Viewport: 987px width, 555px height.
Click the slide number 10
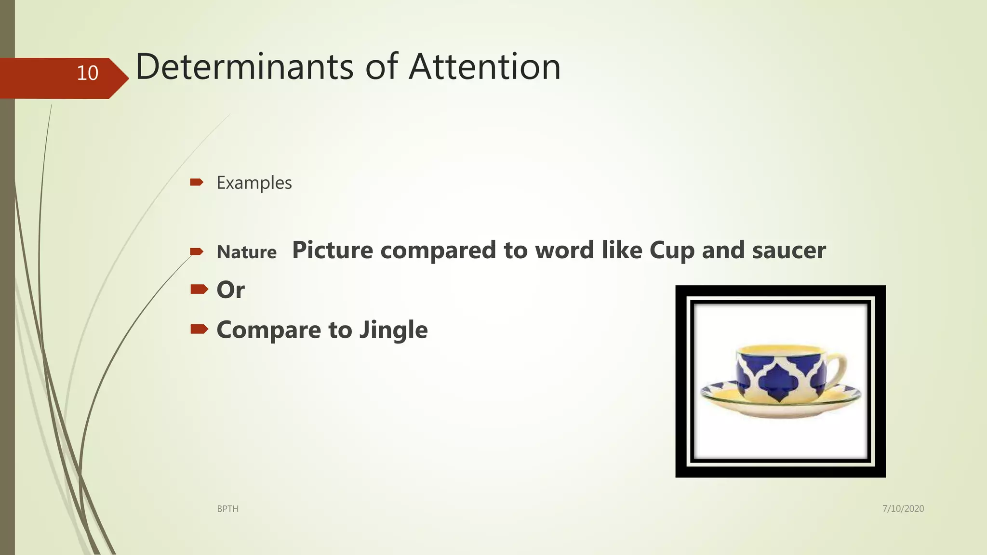coord(87,73)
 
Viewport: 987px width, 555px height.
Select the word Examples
coord(254,183)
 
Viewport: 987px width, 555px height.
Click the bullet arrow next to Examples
coord(197,182)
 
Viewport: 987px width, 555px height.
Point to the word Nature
coord(246,252)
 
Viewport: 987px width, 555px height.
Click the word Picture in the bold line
coord(333,250)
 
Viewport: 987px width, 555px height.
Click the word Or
coord(230,290)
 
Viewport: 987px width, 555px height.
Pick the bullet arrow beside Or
coord(199,289)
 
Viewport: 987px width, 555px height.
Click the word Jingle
coord(393,330)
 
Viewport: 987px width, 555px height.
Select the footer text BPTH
coord(227,509)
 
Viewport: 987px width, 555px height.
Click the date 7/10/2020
coord(903,508)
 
